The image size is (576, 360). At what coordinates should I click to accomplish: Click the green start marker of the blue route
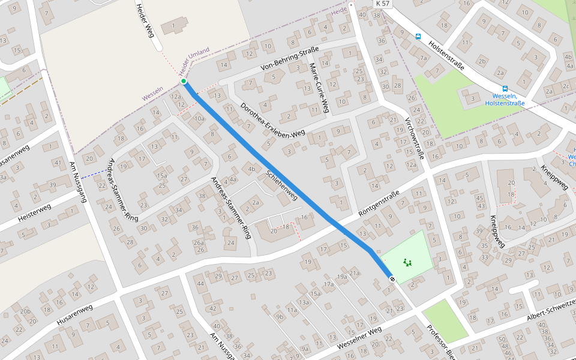(x=184, y=81)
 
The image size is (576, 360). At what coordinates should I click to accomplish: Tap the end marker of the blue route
(x=392, y=279)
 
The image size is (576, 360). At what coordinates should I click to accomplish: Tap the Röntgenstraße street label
(x=379, y=204)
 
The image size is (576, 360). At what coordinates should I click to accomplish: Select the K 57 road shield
(x=382, y=4)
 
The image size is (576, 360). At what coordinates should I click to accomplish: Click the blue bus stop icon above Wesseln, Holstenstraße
(x=505, y=88)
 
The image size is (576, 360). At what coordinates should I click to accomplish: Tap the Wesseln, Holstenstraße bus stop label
(x=505, y=100)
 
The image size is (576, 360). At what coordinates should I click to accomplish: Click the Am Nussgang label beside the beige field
(x=78, y=182)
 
